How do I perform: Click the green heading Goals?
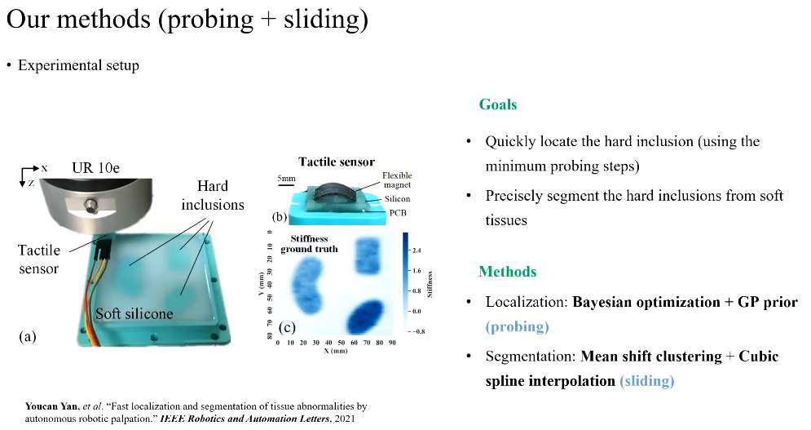tap(497, 104)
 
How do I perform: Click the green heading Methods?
tap(508, 272)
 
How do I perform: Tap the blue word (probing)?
tap(517, 327)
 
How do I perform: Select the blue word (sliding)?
tap(646, 381)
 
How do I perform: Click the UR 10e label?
tap(95, 168)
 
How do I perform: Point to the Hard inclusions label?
tap(213, 195)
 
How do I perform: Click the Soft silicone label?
tap(134, 314)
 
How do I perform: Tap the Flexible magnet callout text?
tap(397, 180)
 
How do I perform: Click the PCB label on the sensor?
tap(397, 212)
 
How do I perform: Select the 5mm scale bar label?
tap(286, 179)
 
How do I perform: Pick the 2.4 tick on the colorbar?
tap(417, 250)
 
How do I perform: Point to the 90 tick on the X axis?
tap(392, 343)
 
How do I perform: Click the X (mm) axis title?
tap(336, 351)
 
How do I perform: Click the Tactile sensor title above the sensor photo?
tap(337, 162)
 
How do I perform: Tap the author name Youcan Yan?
tap(51, 406)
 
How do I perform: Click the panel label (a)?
tap(28, 337)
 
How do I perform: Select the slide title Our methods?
tap(78, 20)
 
